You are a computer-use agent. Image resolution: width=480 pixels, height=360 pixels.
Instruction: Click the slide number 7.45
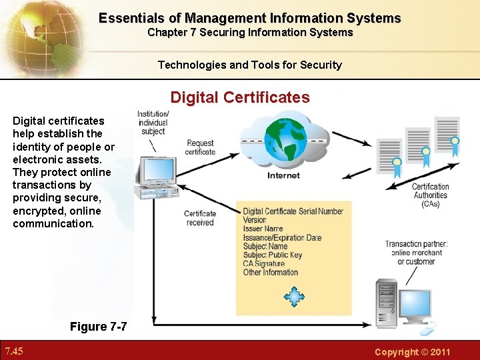14,351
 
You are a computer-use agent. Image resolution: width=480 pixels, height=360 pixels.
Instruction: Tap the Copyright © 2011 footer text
412,351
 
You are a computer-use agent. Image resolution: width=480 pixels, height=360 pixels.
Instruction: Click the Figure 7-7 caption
98,326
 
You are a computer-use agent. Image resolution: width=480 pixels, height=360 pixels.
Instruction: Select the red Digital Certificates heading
240,97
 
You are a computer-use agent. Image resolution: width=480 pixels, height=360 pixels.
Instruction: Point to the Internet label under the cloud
283,176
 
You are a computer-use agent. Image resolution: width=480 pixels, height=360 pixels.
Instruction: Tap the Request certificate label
200,147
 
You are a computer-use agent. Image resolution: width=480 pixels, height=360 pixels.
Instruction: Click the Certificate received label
200,218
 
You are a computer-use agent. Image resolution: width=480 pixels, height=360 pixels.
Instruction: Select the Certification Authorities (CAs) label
430,195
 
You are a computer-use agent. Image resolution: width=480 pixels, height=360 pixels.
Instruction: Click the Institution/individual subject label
153,123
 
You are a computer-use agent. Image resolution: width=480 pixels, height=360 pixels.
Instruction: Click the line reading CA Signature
263,263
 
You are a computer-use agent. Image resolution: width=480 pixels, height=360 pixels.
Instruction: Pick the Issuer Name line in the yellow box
263,229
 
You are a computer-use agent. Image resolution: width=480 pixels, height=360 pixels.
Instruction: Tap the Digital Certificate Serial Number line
293,211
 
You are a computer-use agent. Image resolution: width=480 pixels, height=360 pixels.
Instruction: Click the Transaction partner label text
416,253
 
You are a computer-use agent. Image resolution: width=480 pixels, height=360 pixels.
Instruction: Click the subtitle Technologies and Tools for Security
249,65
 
